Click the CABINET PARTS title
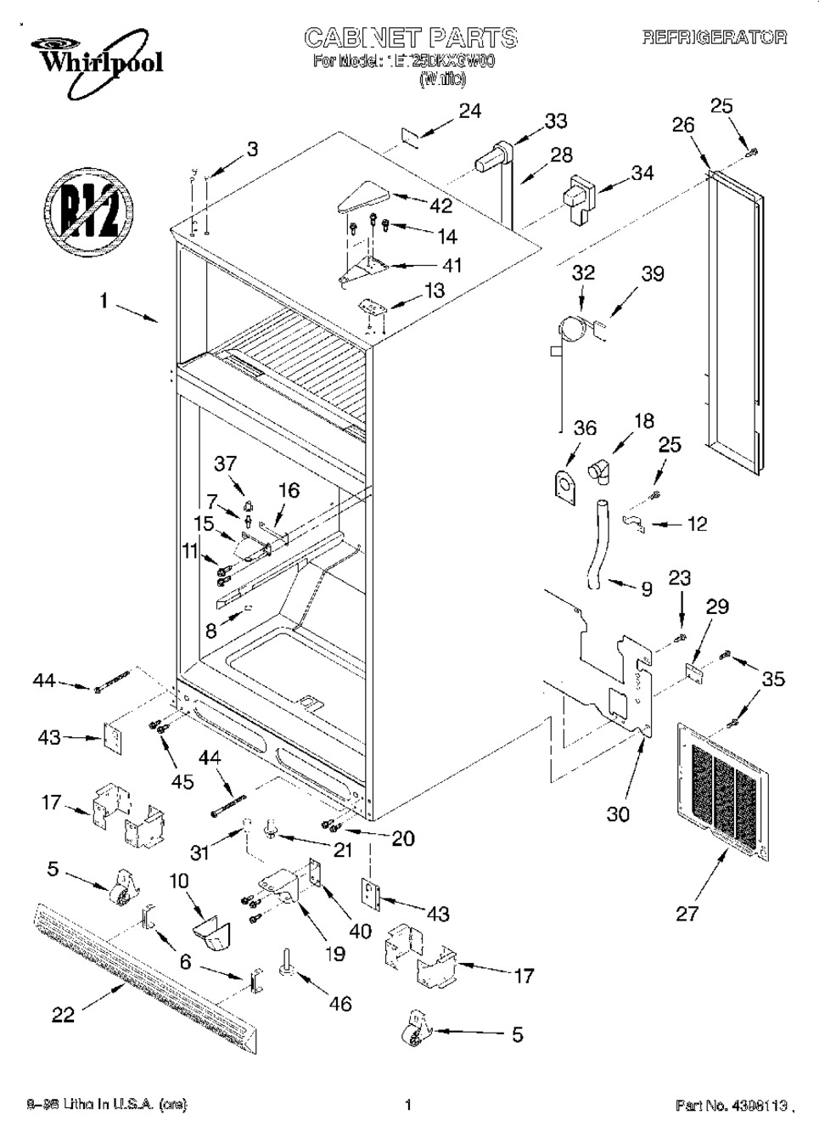tap(410, 37)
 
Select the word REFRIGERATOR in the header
tap(714, 38)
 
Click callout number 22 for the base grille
tap(64, 1014)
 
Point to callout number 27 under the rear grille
tap(687, 914)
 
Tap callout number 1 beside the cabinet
tap(104, 301)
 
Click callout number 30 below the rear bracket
tap(619, 814)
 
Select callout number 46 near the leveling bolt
tap(339, 1004)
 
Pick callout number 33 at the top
tap(556, 121)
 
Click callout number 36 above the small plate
tap(585, 428)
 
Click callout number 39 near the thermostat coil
tap(653, 274)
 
